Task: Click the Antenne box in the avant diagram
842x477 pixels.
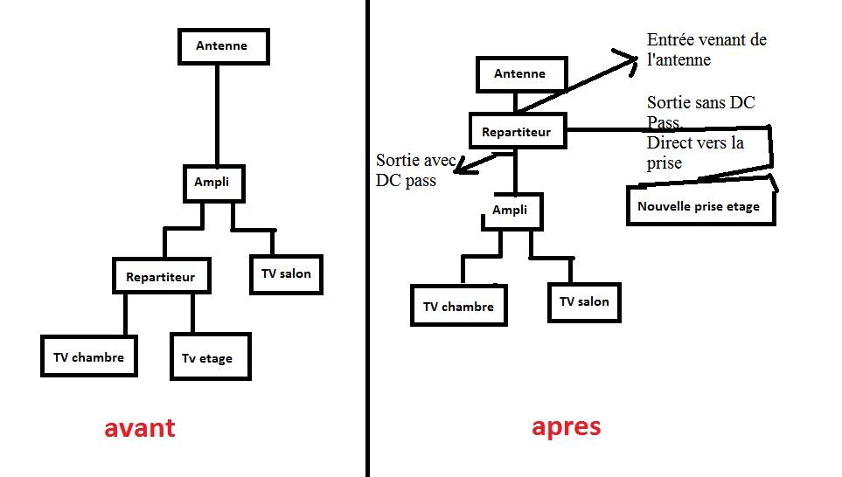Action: (x=223, y=45)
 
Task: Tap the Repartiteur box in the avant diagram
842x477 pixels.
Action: (x=162, y=276)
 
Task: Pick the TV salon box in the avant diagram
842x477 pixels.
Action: (x=286, y=274)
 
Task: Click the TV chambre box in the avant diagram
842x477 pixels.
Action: (x=89, y=357)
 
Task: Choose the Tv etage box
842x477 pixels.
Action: (x=210, y=357)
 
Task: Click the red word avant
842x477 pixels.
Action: (x=139, y=428)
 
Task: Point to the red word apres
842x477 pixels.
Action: (x=566, y=426)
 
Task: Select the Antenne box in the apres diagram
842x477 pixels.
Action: (x=520, y=74)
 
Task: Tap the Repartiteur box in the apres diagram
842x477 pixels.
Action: (x=517, y=132)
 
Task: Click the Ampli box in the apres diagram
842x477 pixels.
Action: (x=510, y=211)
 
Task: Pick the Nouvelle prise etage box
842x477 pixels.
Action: (x=700, y=207)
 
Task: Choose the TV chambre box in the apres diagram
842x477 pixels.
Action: (x=458, y=307)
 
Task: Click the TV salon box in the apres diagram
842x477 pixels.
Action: (x=584, y=302)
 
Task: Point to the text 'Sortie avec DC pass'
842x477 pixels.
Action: (x=411, y=170)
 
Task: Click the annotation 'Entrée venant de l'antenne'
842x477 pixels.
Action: (x=706, y=50)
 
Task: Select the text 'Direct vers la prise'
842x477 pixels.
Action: (x=695, y=152)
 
